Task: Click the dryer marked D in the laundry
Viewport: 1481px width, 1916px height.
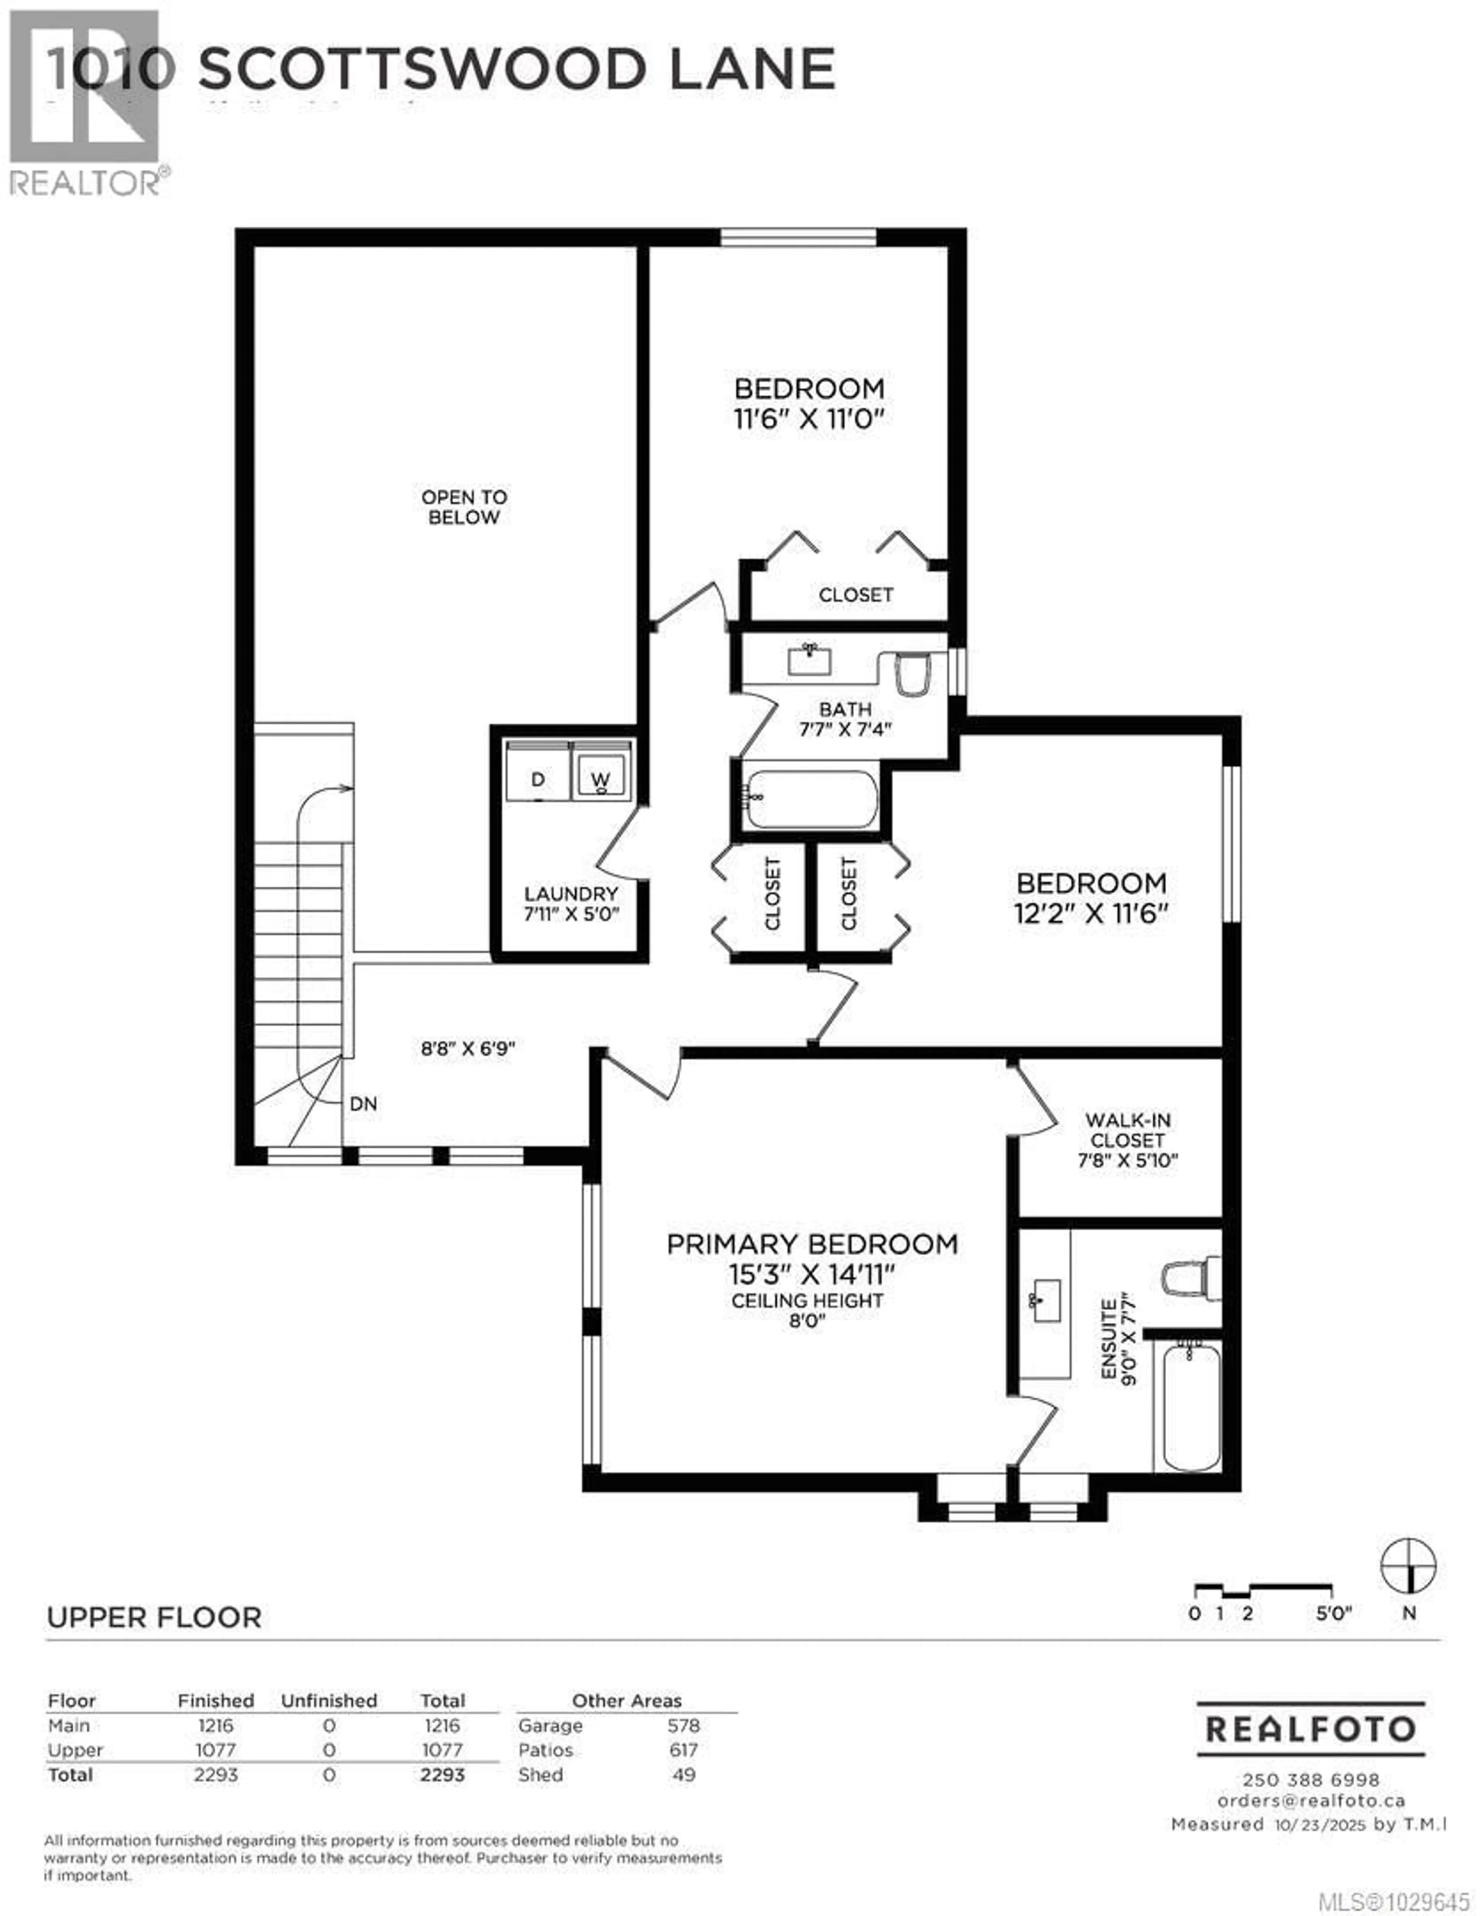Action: (x=537, y=772)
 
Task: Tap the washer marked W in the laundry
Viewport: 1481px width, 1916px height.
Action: (x=601, y=772)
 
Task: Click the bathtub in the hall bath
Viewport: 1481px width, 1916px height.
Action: (x=811, y=798)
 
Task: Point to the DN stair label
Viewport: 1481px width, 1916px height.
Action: (x=363, y=1104)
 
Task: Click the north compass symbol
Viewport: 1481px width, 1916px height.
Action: (x=1408, y=1566)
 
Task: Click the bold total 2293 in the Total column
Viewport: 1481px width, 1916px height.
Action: (x=442, y=1775)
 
